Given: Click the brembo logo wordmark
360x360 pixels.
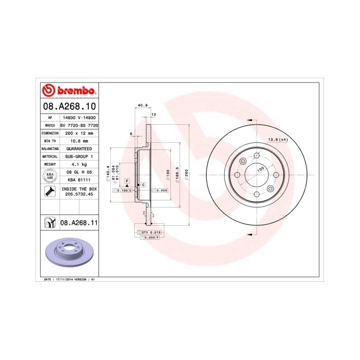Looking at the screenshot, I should coord(69,91).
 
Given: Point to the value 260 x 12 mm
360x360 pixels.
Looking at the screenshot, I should coord(79,133).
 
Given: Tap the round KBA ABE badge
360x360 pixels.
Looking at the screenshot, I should coord(49,176).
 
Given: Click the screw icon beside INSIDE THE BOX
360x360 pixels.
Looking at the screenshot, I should coord(49,192).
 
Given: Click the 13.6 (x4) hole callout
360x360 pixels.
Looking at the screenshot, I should coord(277,139).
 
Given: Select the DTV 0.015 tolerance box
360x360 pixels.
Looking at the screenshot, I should coord(151,233).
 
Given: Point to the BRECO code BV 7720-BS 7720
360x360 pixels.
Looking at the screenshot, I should coord(79,125).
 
